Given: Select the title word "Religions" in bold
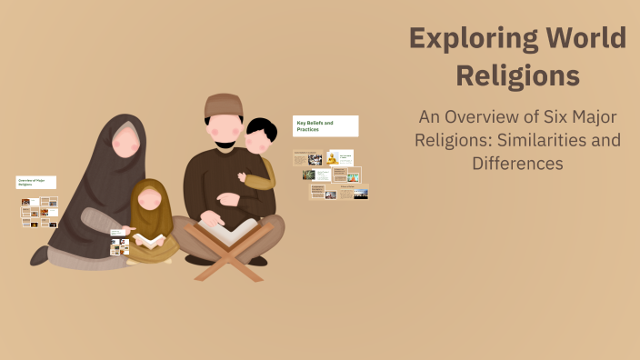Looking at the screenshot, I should (517, 75).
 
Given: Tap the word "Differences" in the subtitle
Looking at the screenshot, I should (517, 164).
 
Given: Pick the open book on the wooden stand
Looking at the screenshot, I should (227, 231).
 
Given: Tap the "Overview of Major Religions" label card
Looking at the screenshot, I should (36, 183).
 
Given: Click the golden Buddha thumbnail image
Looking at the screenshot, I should (333, 158).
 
